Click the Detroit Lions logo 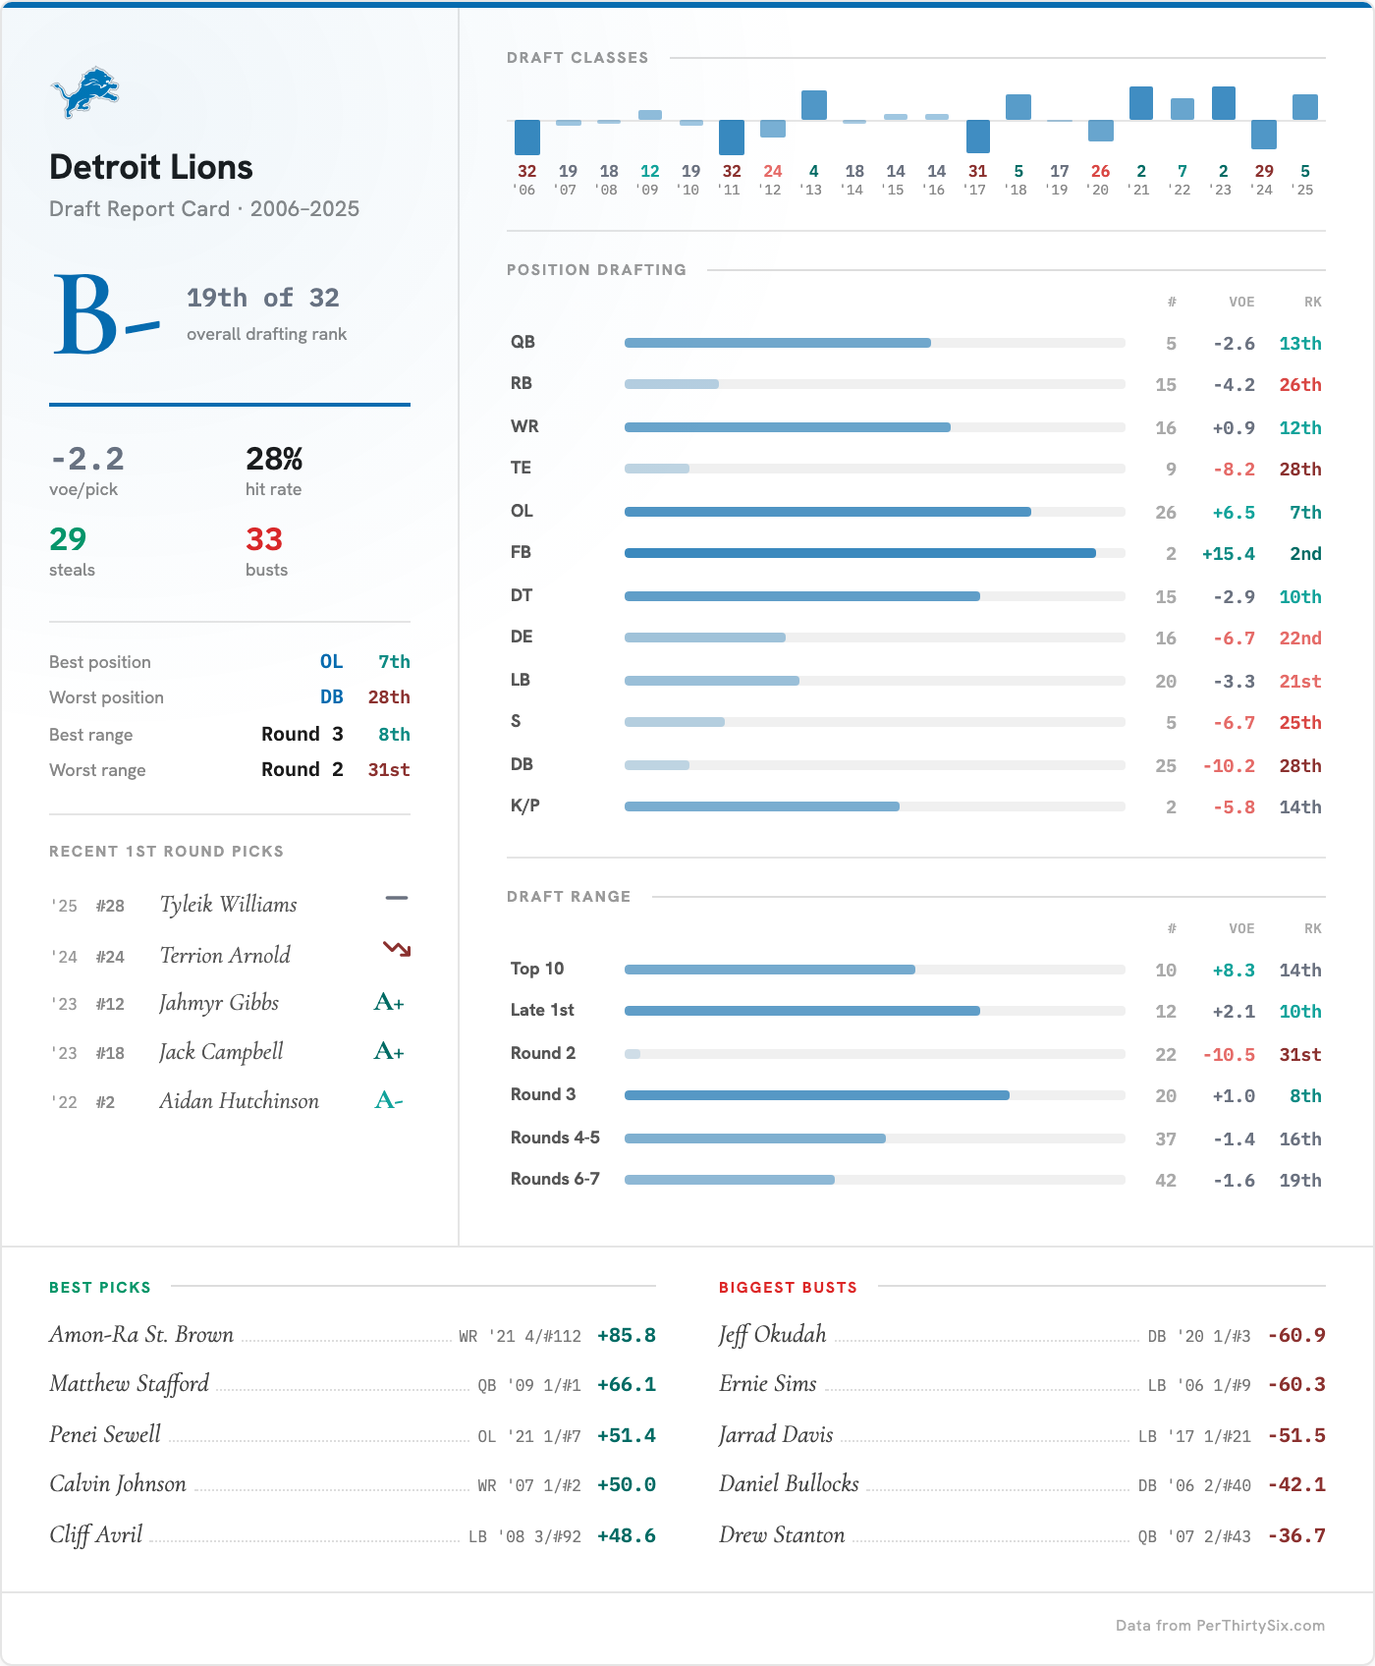click(x=84, y=92)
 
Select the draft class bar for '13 click(x=813, y=105)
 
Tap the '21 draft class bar click(x=1140, y=103)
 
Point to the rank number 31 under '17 click(x=977, y=171)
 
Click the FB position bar click(x=859, y=553)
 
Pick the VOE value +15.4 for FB click(x=1228, y=554)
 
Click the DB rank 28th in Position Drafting click(x=1299, y=766)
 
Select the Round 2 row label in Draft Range click(x=542, y=1053)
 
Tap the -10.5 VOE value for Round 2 click(x=1228, y=1055)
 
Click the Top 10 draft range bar click(x=769, y=970)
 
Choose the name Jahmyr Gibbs click(x=219, y=1003)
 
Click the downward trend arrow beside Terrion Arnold click(x=397, y=949)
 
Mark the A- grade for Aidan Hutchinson click(x=389, y=1101)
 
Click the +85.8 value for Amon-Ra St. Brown click(x=626, y=1336)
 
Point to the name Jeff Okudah click(x=772, y=1335)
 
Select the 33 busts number click(x=264, y=539)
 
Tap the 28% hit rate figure click(x=274, y=459)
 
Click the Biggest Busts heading click(x=788, y=1288)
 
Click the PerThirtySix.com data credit click(x=1219, y=1626)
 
